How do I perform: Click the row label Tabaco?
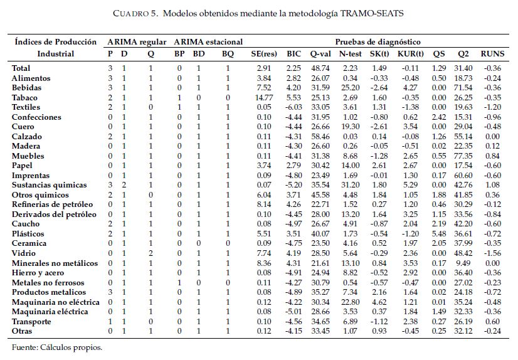pyautogui.click(x=24, y=98)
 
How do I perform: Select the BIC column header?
pyautogui.click(x=294, y=54)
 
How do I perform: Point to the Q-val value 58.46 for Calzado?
pyautogui.click(x=320, y=137)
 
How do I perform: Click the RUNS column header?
pyautogui.click(x=492, y=54)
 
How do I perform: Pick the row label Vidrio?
pyautogui.click(x=24, y=253)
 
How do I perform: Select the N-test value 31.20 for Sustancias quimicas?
pyautogui.click(x=349, y=185)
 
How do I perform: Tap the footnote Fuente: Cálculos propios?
pyautogui.click(x=57, y=347)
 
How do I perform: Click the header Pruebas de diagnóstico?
pyautogui.click(x=378, y=42)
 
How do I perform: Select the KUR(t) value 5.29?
pyautogui.click(x=410, y=185)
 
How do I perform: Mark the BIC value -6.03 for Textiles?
pyautogui.click(x=293, y=108)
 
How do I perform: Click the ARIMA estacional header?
pyautogui.click(x=204, y=42)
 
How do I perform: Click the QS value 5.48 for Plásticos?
pyautogui.click(x=438, y=233)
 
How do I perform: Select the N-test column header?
pyautogui.click(x=349, y=54)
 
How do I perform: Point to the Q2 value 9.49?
pyautogui.click(x=465, y=263)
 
